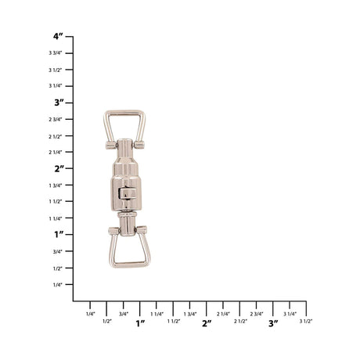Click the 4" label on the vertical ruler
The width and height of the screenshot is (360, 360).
pos(58,36)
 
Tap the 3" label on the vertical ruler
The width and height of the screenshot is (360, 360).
pos(59,103)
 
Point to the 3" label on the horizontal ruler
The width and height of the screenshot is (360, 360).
pos(273,323)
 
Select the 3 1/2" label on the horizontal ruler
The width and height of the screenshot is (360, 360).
pos(306,321)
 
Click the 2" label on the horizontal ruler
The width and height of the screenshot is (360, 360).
pos(207,323)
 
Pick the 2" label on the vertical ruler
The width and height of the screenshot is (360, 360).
pos(59,169)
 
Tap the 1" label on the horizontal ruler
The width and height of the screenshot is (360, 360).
pos(140,323)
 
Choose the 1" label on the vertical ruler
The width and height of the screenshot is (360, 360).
pos(59,235)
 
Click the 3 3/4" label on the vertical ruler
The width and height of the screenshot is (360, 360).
pos(56,53)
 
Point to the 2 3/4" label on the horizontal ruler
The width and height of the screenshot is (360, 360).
pos(257,314)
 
